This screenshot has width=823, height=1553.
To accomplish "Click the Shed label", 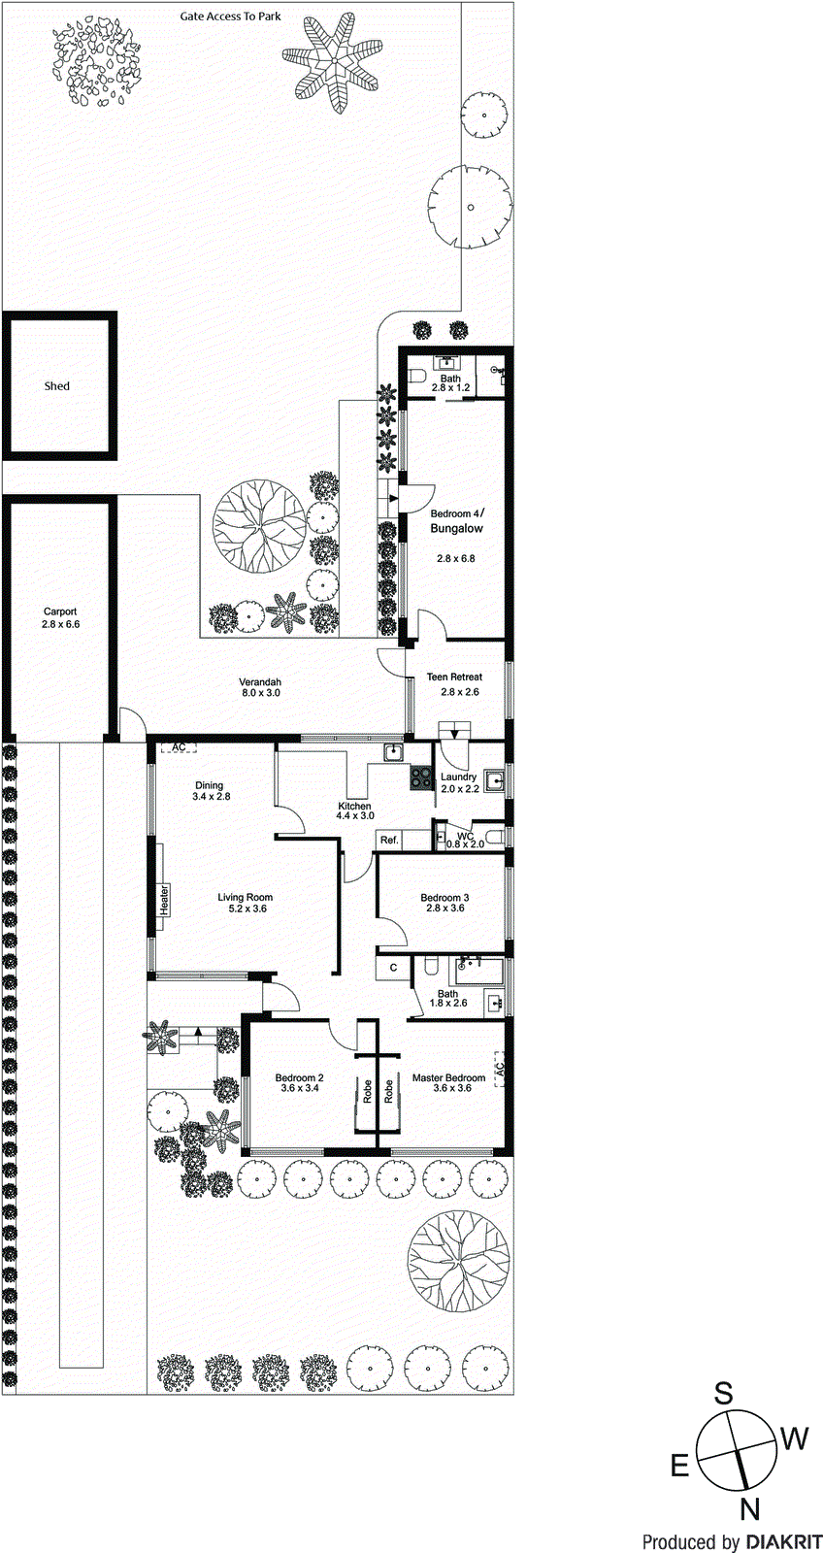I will (57, 386).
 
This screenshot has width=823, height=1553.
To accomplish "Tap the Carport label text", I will (60, 611).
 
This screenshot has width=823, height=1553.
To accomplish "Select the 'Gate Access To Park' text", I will (231, 17).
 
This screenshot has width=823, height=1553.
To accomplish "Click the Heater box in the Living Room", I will (164, 899).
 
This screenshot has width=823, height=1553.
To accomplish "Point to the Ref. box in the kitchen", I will (389, 840).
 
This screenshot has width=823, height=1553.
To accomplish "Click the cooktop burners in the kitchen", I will (421, 776).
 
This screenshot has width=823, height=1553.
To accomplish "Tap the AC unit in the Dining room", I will (179, 746).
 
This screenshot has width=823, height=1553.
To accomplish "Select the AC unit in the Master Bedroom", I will (500, 1069).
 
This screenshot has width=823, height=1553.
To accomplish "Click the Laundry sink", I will (494, 779).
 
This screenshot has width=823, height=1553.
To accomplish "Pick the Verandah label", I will (260, 682).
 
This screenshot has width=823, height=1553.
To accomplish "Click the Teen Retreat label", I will (454, 677).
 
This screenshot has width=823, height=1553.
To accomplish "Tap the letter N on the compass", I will (749, 1509).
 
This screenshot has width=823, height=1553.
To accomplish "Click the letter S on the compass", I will (724, 1395).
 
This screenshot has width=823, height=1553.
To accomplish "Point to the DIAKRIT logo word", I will (784, 1541).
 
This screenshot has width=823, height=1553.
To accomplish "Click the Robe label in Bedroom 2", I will (368, 1092).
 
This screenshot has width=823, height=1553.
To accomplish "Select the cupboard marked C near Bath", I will (393, 968).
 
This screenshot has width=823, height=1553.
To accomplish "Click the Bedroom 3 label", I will (444, 898).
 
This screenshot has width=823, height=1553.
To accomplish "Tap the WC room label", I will (465, 835).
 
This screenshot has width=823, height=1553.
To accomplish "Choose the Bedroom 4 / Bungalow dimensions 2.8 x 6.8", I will (455, 559).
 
